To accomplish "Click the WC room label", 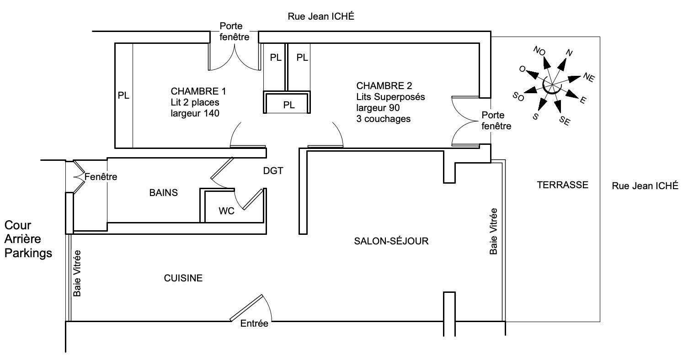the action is pyautogui.click(x=226, y=211).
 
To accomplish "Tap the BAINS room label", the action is pyautogui.click(x=163, y=193).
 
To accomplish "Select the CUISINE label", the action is pyautogui.click(x=183, y=278).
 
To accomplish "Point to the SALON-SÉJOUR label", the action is pyautogui.click(x=391, y=241).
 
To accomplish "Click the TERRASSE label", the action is pyautogui.click(x=563, y=185).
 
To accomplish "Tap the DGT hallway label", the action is pyautogui.click(x=273, y=171).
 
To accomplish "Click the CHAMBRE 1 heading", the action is pyautogui.click(x=198, y=91).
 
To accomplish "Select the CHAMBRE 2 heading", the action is pyautogui.click(x=384, y=85).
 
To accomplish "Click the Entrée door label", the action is pyautogui.click(x=254, y=323).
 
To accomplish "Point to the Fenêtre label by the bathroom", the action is pyautogui.click(x=101, y=177).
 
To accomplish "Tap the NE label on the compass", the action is pyautogui.click(x=589, y=77).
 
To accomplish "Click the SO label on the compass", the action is pyautogui.click(x=518, y=97).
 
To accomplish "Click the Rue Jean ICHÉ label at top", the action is pyautogui.click(x=321, y=16).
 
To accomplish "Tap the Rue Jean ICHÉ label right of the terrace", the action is pyautogui.click(x=645, y=185).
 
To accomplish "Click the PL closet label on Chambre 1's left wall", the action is pyautogui.click(x=123, y=95).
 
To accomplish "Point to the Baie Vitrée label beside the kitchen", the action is pyautogui.click(x=77, y=274).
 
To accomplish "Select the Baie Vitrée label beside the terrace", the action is pyautogui.click(x=493, y=231).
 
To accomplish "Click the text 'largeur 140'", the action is pyautogui.click(x=195, y=113).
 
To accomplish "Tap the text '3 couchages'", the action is pyautogui.click(x=383, y=119).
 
